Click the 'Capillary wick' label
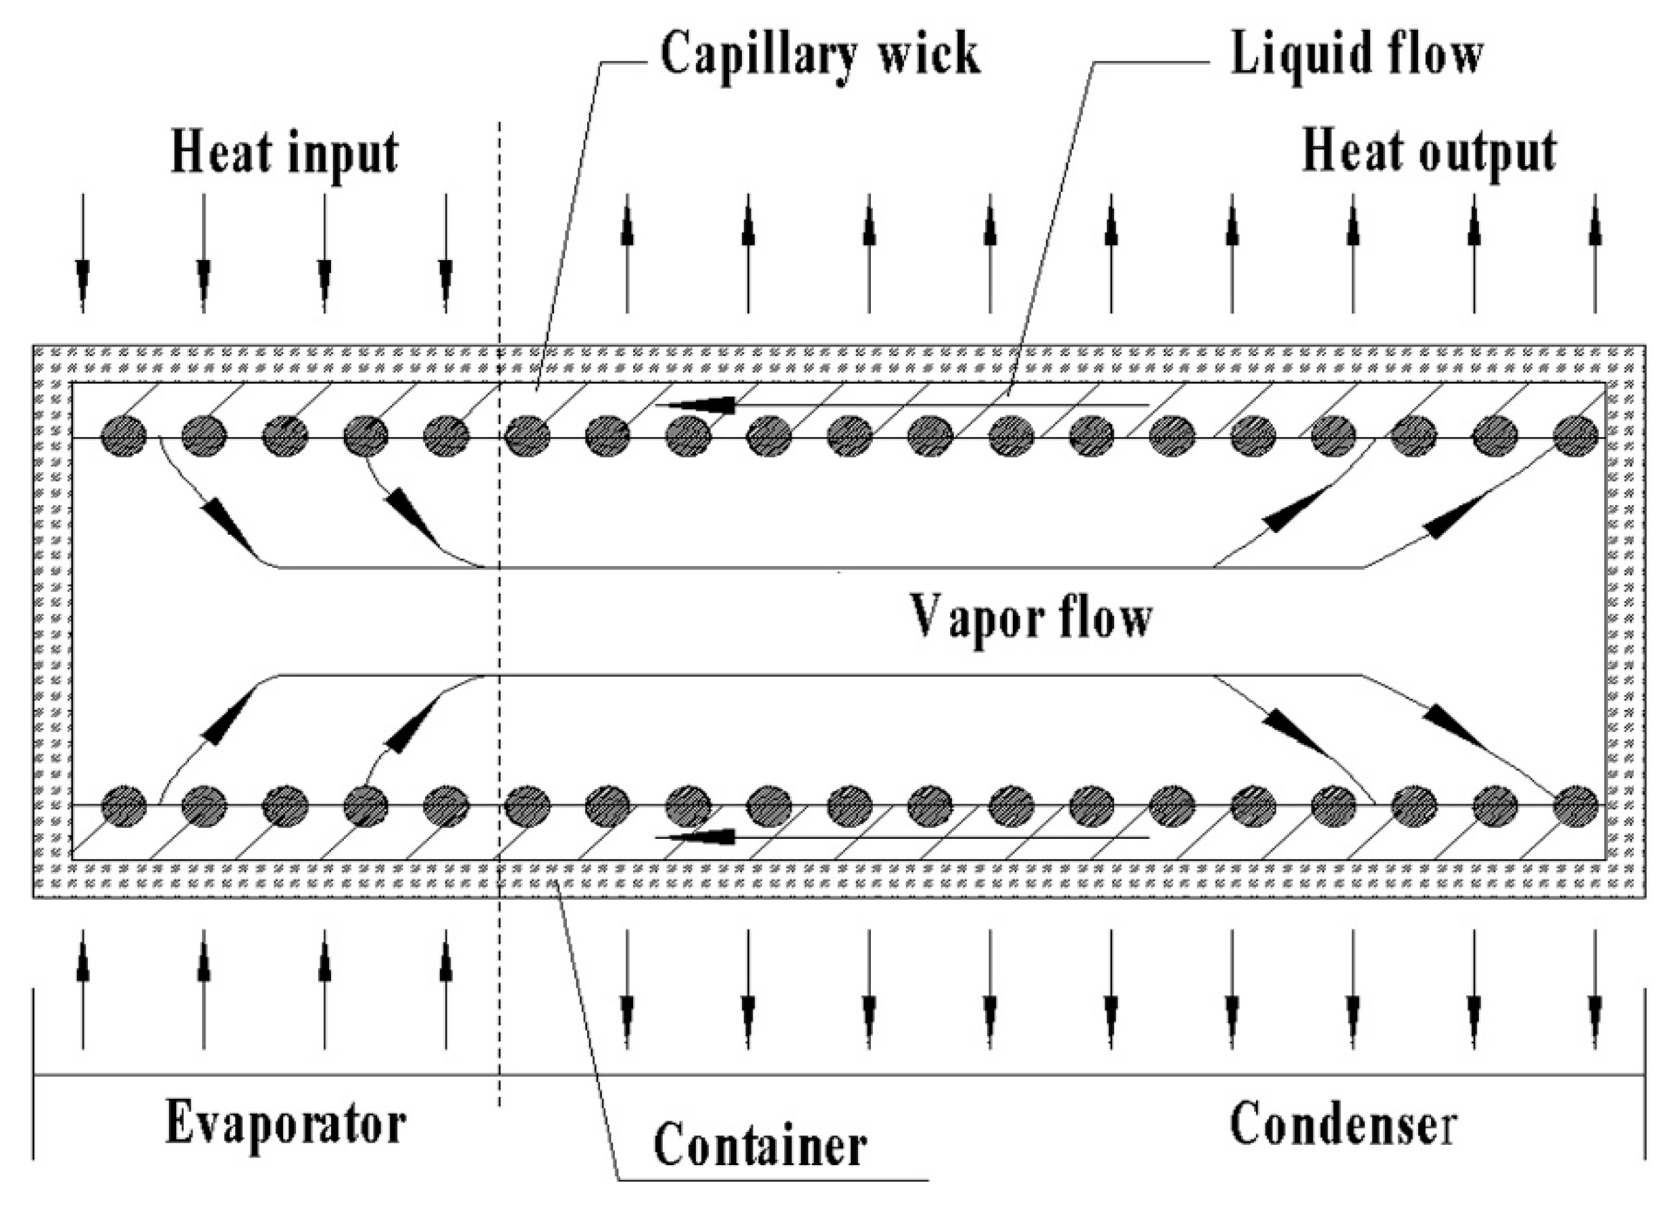(x=820, y=56)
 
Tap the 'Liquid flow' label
(x=1356, y=56)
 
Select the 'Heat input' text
(x=284, y=154)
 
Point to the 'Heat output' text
(x=1429, y=154)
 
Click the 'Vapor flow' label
(x=1030, y=617)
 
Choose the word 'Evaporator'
(x=285, y=1124)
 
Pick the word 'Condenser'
(x=1344, y=1124)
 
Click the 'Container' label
(x=759, y=1145)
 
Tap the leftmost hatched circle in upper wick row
(x=124, y=437)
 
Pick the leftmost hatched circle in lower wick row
(x=124, y=805)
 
